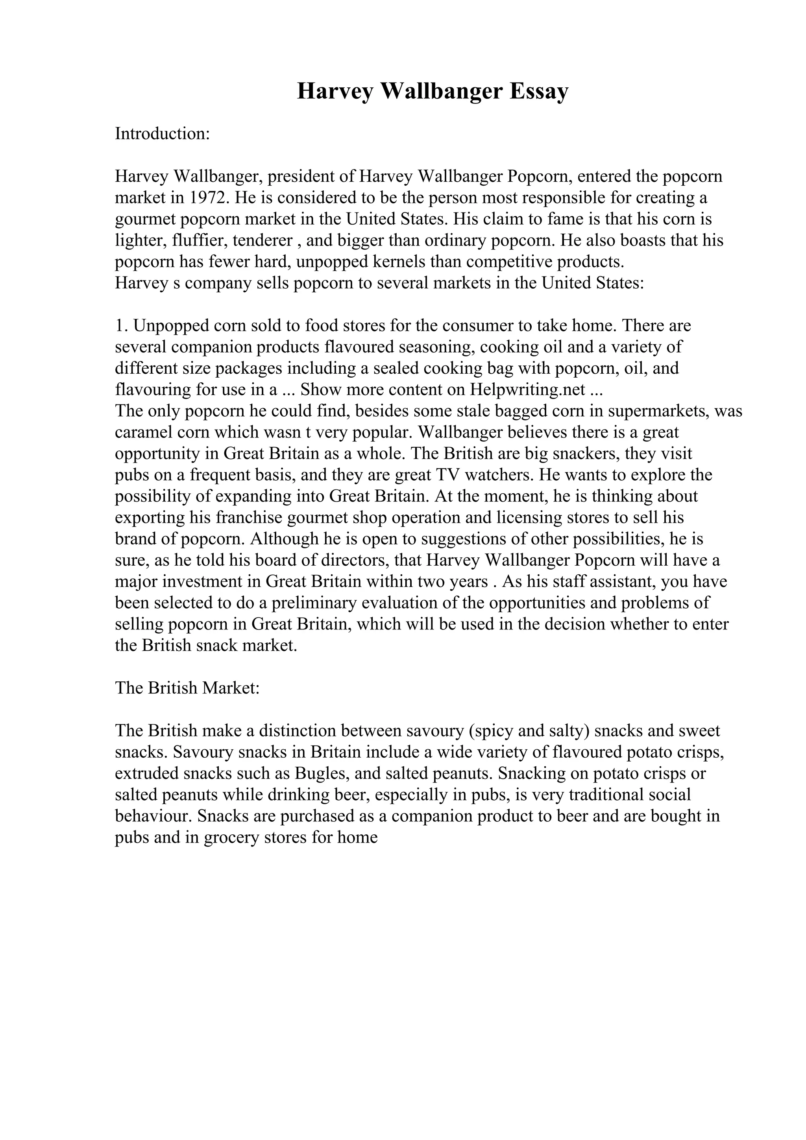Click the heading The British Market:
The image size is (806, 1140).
(187, 688)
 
